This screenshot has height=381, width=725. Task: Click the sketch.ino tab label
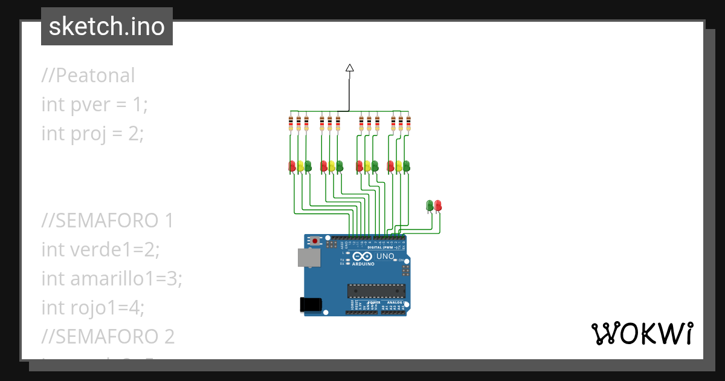(107, 27)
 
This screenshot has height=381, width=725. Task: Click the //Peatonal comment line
(88, 76)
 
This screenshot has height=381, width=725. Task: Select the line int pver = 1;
(94, 104)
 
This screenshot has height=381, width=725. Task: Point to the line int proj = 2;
(92, 133)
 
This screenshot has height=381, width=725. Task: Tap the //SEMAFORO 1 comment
(108, 221)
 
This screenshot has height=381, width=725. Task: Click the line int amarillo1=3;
(112, 278)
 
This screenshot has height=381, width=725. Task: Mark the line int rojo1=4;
(93, 307)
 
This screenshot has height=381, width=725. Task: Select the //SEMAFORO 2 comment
(108, 336)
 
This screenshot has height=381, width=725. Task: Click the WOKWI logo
(642, 334)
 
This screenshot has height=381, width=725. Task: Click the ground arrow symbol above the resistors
(349, 68)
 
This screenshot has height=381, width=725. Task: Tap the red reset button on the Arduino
(315, 241)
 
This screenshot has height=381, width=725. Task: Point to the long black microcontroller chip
(375, 290)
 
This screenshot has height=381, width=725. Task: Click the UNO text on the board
(385, 257)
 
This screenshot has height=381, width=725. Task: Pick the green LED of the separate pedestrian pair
(430, 206)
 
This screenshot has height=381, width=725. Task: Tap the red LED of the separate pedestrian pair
(438, 206)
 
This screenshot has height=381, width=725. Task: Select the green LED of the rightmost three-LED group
(406, 166)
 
